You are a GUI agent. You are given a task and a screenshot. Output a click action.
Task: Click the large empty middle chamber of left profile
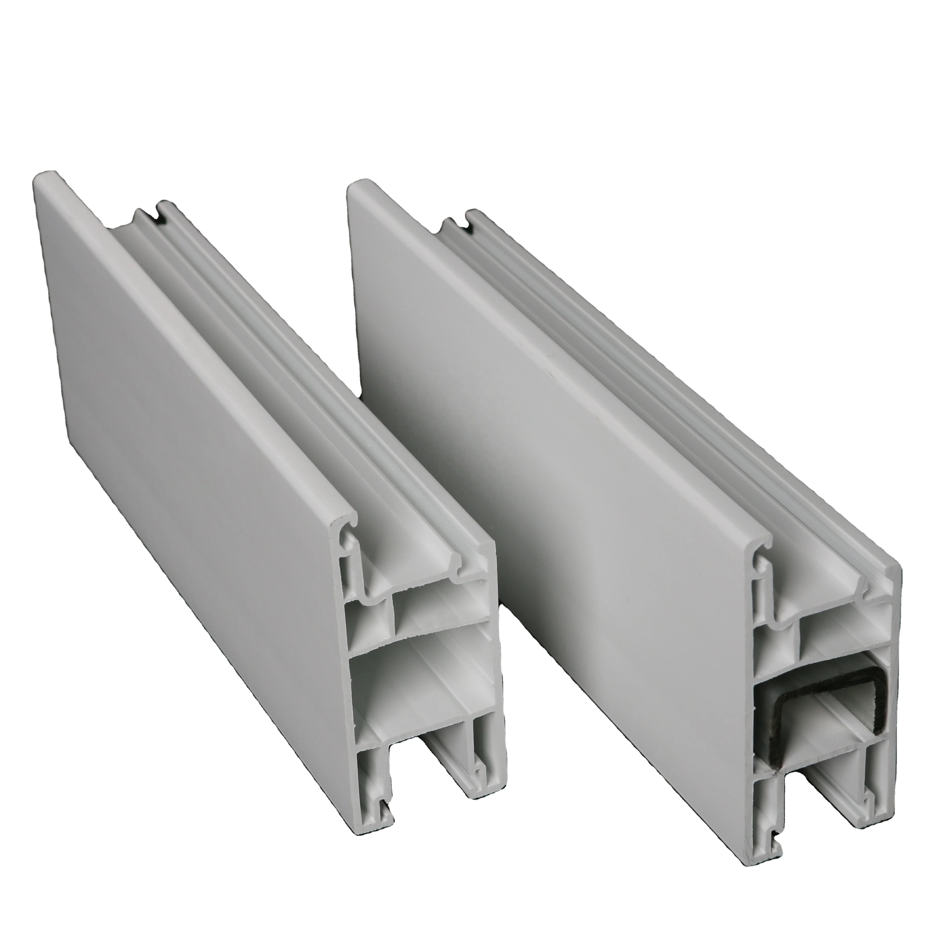point(420,683)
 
